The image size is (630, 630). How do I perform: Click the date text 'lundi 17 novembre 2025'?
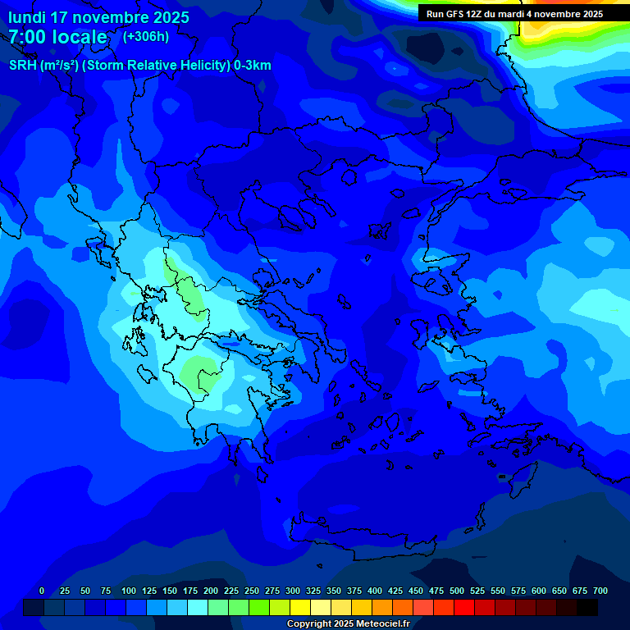pyautogui.click(x=98, y=17)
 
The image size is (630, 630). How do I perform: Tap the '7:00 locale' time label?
pyautogui.click(x=58, y=37)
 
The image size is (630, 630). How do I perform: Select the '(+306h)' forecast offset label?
pyautogui.click(x=145, y=36)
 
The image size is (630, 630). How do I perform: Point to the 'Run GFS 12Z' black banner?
pyautogui.click(x=514, y=13)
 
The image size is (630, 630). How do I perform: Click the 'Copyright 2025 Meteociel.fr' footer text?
pyautogui.click(x=348, y=623)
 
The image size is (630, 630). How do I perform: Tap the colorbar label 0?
pyautogui.click(x=42, y=591)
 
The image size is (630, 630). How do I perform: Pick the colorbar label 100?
pyautogui.click(x=129, y=591)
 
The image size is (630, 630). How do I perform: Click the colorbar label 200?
pyautogui.click(x=211, y=591)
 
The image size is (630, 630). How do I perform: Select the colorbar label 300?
pyautogui.click(x=293, y=591)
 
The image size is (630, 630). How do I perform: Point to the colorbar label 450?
pyautogui.click(x=416, y=591)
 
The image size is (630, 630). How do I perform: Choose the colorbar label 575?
pyautogui.click(x=518, y=591)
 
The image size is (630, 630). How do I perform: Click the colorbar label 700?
pyautogui.click(x=600, y=591)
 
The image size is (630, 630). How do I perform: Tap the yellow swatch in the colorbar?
pyautogui.click(x=300, y=607)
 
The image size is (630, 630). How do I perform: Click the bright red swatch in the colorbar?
pyautogui.click(x=464, y=607)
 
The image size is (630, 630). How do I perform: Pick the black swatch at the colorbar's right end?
pyautogui.click(x=587, y=607)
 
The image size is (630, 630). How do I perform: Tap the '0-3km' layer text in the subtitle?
pyautogui.click(x=253, y=66)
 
